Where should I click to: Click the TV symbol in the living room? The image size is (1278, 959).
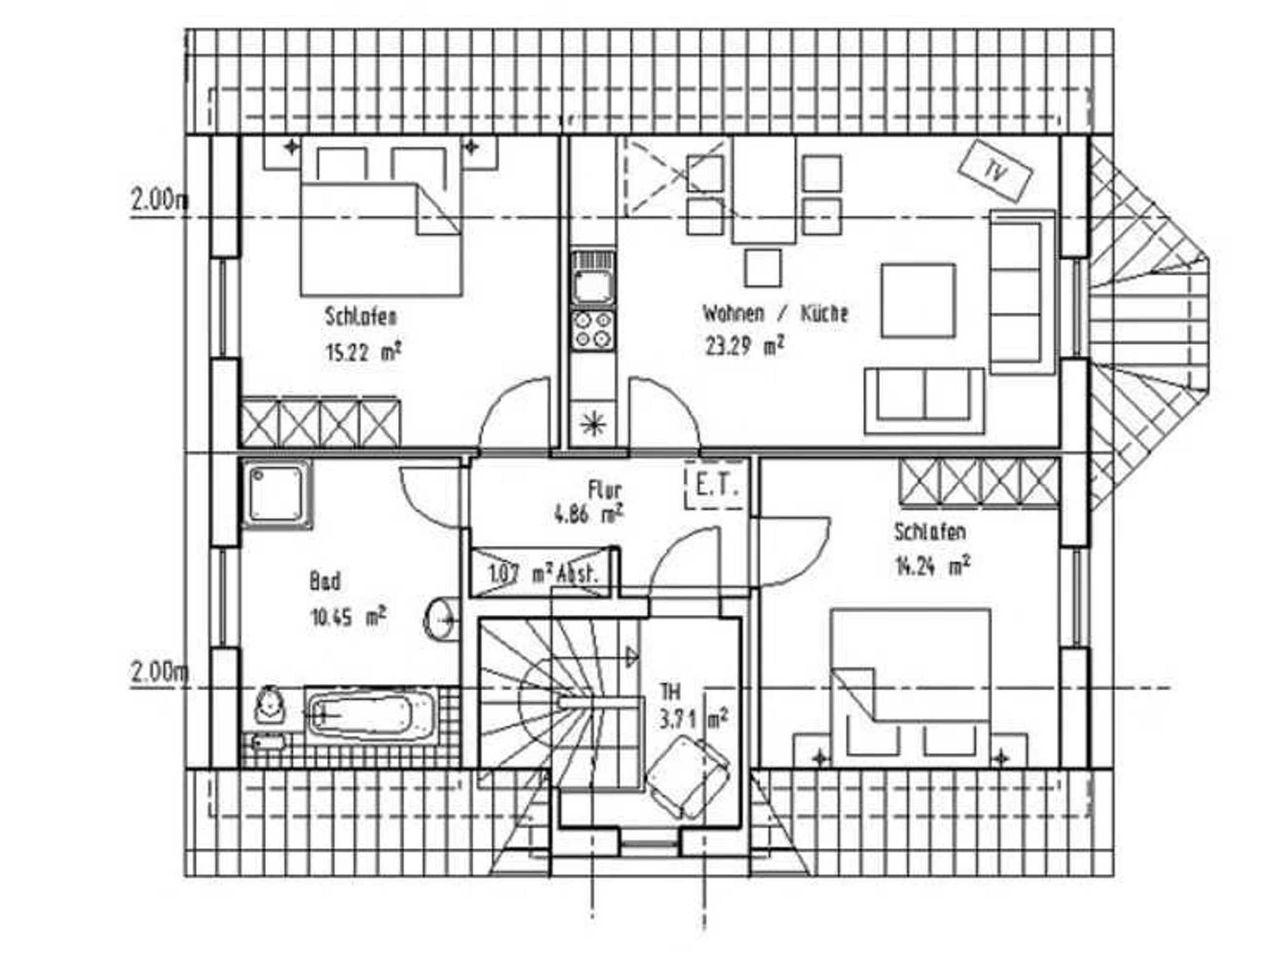995,170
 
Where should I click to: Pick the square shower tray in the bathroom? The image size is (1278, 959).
276,494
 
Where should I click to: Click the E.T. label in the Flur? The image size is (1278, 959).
716,485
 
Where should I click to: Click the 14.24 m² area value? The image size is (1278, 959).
932,566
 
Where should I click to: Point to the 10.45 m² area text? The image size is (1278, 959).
348,617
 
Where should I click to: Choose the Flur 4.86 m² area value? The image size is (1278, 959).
588,515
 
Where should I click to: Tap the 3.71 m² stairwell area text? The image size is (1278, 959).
693,720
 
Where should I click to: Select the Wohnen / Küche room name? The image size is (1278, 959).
776,313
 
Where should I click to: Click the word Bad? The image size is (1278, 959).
325,582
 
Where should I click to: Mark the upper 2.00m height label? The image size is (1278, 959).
159,200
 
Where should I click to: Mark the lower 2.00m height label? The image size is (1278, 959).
159,672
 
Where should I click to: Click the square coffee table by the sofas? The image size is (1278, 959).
918,301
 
